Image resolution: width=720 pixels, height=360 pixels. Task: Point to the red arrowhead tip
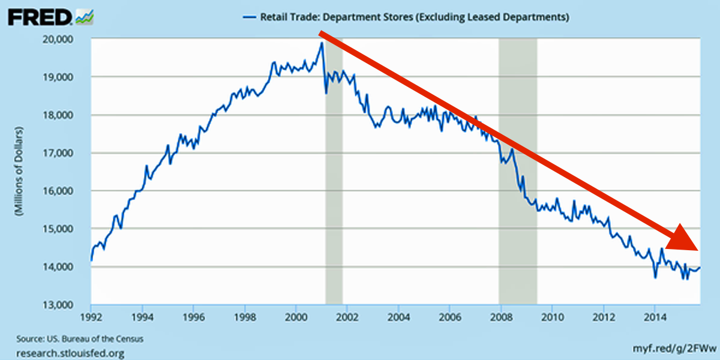coord(698,250)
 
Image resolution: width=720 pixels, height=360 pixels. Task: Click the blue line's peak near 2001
coord(322,43)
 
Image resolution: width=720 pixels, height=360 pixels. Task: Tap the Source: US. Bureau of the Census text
coord(76,339)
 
